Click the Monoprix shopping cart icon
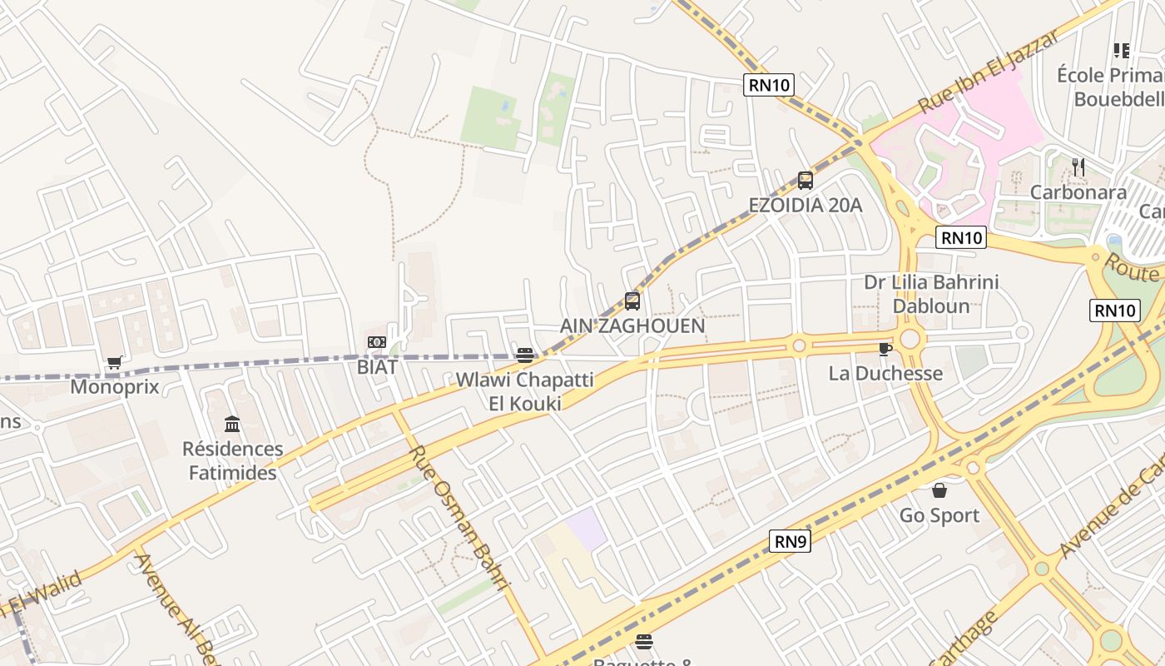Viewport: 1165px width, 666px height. pyautogui.click(x=115, y=363)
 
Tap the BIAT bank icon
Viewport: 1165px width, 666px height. pyautogui.click(x=377, y=342)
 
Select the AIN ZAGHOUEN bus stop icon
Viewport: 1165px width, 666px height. pyautogui.click(x=632, y=301)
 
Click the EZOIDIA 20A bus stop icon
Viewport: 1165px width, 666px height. pyautogui.click(x=805, y=180)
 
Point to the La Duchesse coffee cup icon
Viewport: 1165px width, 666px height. pyautogui.click(x=885, y=349)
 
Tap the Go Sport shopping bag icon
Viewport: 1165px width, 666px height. pyautogui.click(x=939, y=490)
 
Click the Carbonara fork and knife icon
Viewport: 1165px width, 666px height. pyautogui.click(x=1078, y=167)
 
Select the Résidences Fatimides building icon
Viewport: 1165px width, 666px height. pyautogui.click(x=232, y=425)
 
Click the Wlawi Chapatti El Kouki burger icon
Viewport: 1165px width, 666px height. pyautogui.click(x=524, y=355)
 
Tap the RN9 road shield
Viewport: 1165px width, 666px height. pyautogui.click(x=791, y=542)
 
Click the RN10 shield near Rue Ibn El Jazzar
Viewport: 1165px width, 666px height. pyautogui.click(x=769, y=84)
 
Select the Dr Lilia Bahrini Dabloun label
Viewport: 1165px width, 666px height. pyautogui.click(x=931, y=294)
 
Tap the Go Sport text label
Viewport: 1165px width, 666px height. pyautogui.click(x=939, y=515)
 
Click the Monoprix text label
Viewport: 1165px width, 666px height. pyautogui.click(x=115, y=387)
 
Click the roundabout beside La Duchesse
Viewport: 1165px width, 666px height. pyautogui.click(x=909, y=339)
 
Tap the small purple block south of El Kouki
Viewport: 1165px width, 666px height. pyautogui.click(x=588, y=529)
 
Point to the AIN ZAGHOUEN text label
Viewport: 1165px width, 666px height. pyautogui.click(x=632, y=326)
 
